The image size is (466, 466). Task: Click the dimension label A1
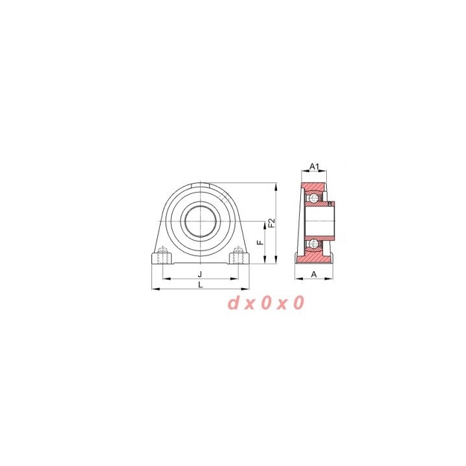(314, 166)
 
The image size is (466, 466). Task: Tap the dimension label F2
(272, 223)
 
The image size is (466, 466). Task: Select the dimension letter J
(200, 274)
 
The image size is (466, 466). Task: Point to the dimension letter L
(201, 285)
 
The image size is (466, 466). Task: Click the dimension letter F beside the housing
(261, 243)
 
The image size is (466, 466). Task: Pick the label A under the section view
(314, 274)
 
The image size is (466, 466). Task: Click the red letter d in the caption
(234, 303)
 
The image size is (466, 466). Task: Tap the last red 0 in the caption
(299, 303)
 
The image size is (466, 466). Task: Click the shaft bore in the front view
(200, 222)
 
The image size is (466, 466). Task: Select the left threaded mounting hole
(163, 255)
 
